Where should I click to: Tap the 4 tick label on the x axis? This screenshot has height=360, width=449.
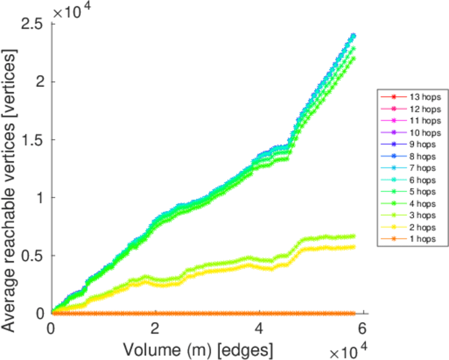click(x=259, y=329)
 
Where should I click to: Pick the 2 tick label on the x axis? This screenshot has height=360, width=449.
click(x=155, y=329)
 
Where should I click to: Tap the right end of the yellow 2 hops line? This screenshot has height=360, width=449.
click(x=353, y=247)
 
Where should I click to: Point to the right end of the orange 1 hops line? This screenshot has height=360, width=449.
click(x=353, y=313)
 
